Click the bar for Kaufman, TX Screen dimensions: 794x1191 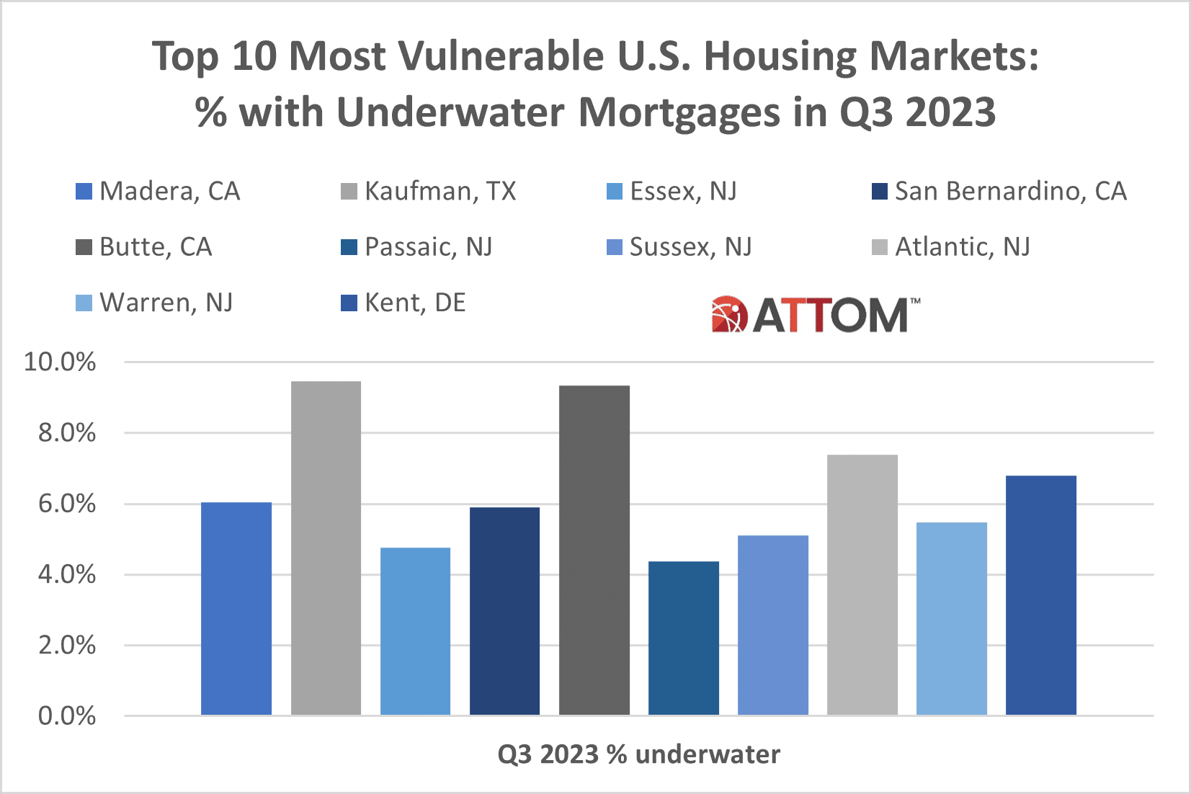[x=326, y=548]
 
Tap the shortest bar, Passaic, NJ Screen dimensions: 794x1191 [x=683, y=638]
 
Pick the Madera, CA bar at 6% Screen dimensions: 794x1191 [x=236, y=608]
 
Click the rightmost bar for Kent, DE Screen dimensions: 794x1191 [x=1040, y=594]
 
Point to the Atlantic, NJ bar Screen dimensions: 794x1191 [x=862, y=584]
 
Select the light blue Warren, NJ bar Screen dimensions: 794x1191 [x=951, y=618]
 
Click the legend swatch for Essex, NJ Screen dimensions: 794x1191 [x=615, y=192]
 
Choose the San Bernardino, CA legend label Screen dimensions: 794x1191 [x=1010, y=191]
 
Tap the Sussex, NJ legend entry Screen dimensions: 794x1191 [x=690, y=247]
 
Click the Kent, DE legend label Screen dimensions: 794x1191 [x=415, y=303]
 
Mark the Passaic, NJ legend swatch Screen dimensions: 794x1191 [x=349, y=247]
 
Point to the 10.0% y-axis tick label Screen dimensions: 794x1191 [x=60, y=362]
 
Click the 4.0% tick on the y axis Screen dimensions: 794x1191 [x=66, y=574]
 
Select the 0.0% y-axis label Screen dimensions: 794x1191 [x=66, y=715]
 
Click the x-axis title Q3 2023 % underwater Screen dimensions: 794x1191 [x=638, y=754]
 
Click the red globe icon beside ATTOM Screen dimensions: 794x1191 [x=729, y=315]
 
